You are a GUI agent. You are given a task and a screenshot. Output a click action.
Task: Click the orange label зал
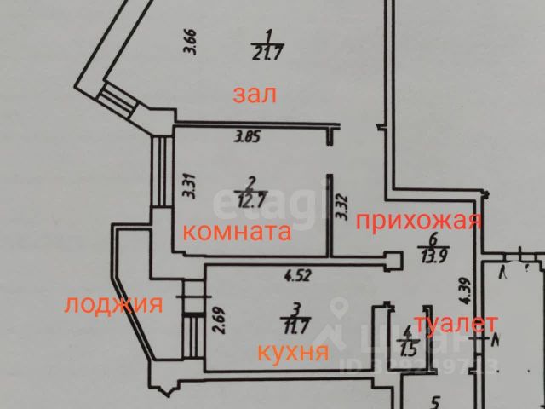(255, 93)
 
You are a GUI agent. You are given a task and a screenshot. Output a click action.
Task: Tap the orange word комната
(238, 231)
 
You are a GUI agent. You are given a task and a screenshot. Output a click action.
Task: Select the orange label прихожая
(419, 222)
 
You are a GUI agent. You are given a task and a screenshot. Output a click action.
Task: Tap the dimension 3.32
(343, 207)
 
